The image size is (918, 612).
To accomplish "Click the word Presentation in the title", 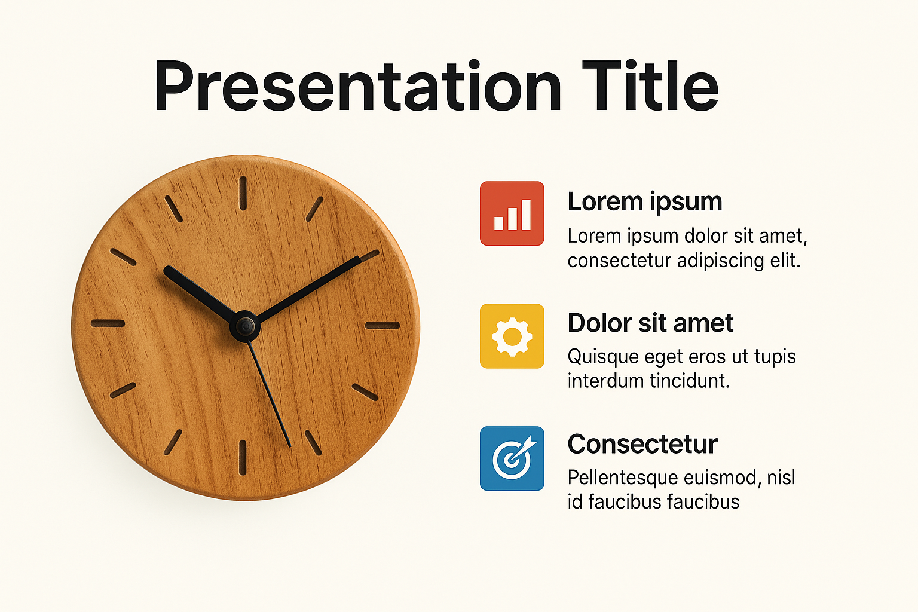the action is tap(357, 85).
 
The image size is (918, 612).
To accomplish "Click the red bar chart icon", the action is tap(512, 213).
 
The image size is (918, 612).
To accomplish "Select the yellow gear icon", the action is tap(512, 336).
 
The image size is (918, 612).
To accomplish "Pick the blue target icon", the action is tap(512, 458).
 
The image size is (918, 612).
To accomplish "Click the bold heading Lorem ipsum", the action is tap(645, 201).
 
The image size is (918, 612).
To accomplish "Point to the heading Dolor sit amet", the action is tap(650, 323).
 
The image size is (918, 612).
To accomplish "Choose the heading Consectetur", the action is tap(642, 444).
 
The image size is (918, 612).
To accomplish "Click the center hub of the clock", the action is tap(245, 326).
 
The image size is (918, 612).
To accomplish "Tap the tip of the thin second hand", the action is tap(290, 446).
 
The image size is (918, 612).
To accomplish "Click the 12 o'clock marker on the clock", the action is tap(243, 194).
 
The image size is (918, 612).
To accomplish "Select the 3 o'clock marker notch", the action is tap(382, 326).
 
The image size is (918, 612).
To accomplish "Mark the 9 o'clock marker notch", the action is tap(108, 323).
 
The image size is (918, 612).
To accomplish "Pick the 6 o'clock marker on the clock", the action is tap(243, 458).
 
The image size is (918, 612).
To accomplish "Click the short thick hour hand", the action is tap(200, 293).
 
